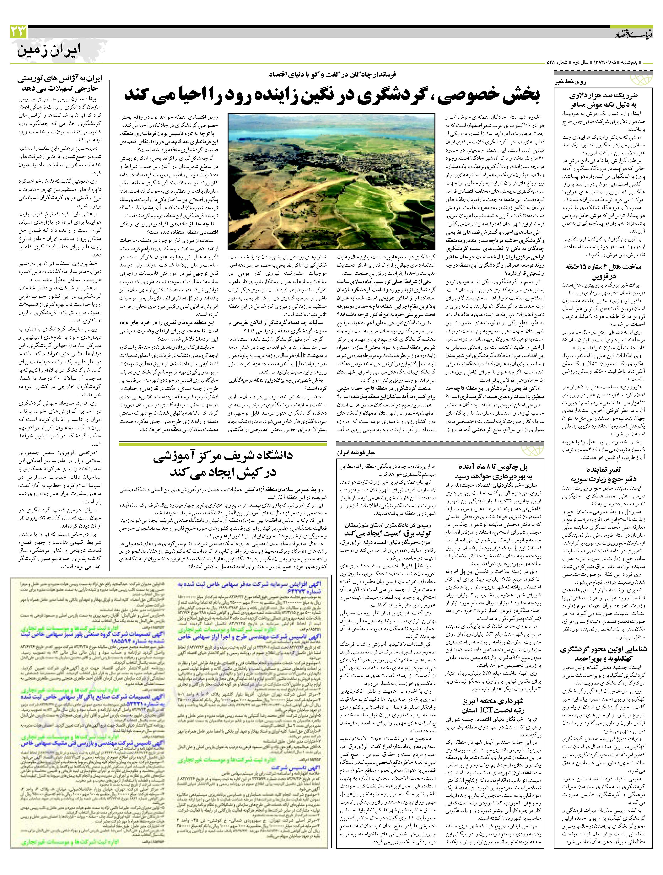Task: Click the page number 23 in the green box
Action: (19, 31)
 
